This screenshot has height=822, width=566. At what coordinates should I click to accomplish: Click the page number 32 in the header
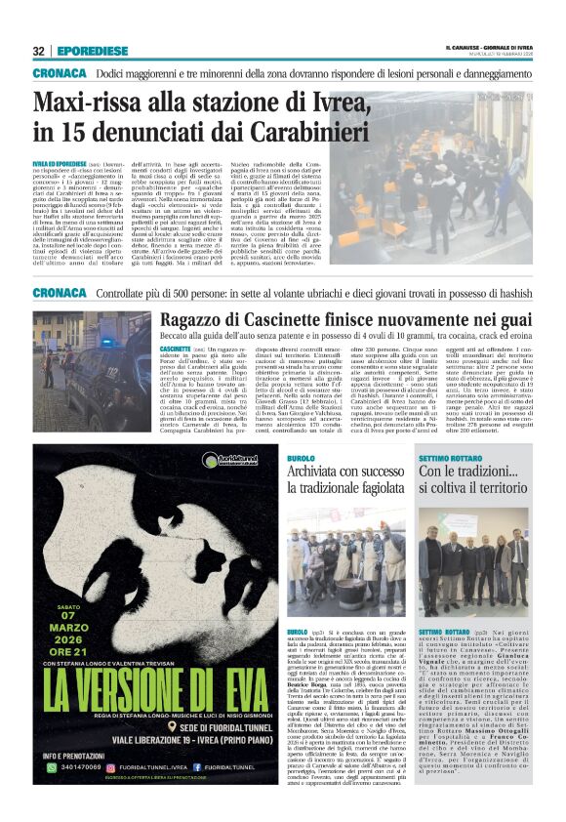(x=39, y=51)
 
